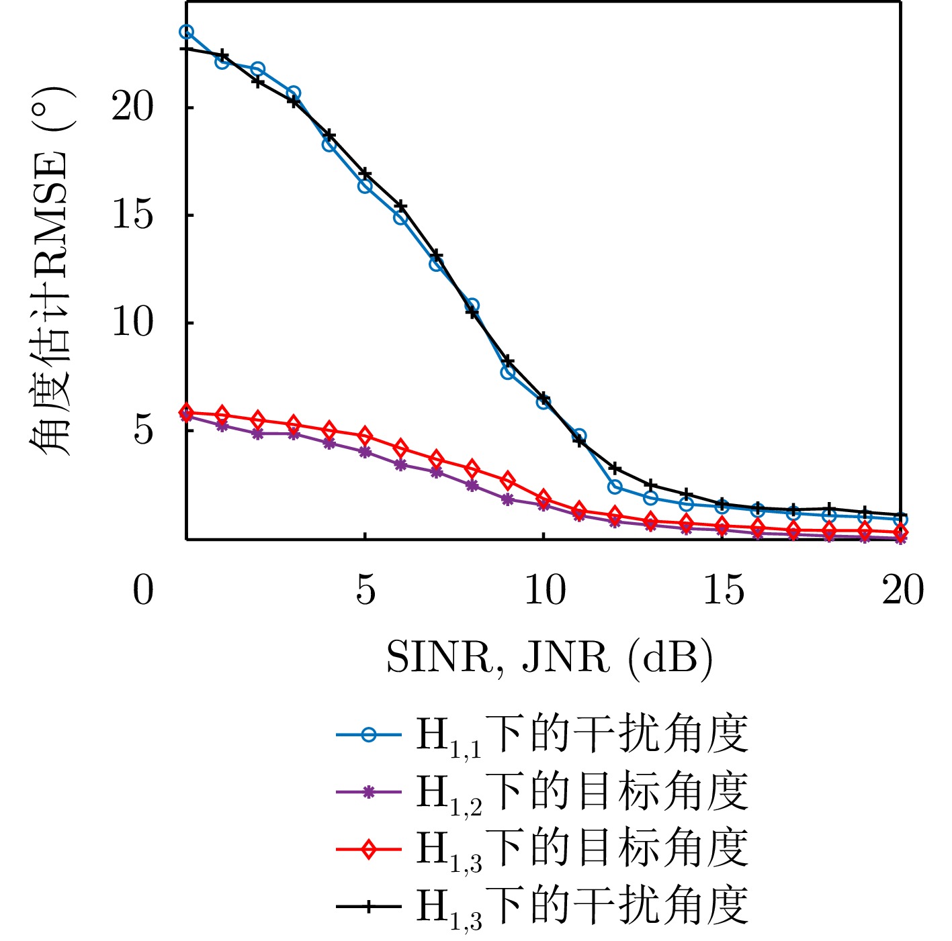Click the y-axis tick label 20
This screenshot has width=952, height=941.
[132, 107]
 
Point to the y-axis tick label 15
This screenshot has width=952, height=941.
[132, 215]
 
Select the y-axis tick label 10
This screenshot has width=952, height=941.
[132, 323]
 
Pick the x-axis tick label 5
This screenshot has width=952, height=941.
[365, 591]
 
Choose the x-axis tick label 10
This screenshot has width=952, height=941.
[544, 591]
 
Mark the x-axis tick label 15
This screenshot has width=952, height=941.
[723, 591]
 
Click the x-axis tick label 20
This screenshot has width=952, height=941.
[902, 591]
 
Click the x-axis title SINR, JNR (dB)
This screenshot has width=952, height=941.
[549, 657]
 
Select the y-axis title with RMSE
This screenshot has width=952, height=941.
[50, 272]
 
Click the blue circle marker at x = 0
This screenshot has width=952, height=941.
[187, 32]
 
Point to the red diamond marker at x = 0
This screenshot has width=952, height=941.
[187, 412]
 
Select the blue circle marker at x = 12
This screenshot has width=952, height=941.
[615, 487]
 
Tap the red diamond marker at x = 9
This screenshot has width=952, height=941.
[508, 481]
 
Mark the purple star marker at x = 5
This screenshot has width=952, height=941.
[365, 452]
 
